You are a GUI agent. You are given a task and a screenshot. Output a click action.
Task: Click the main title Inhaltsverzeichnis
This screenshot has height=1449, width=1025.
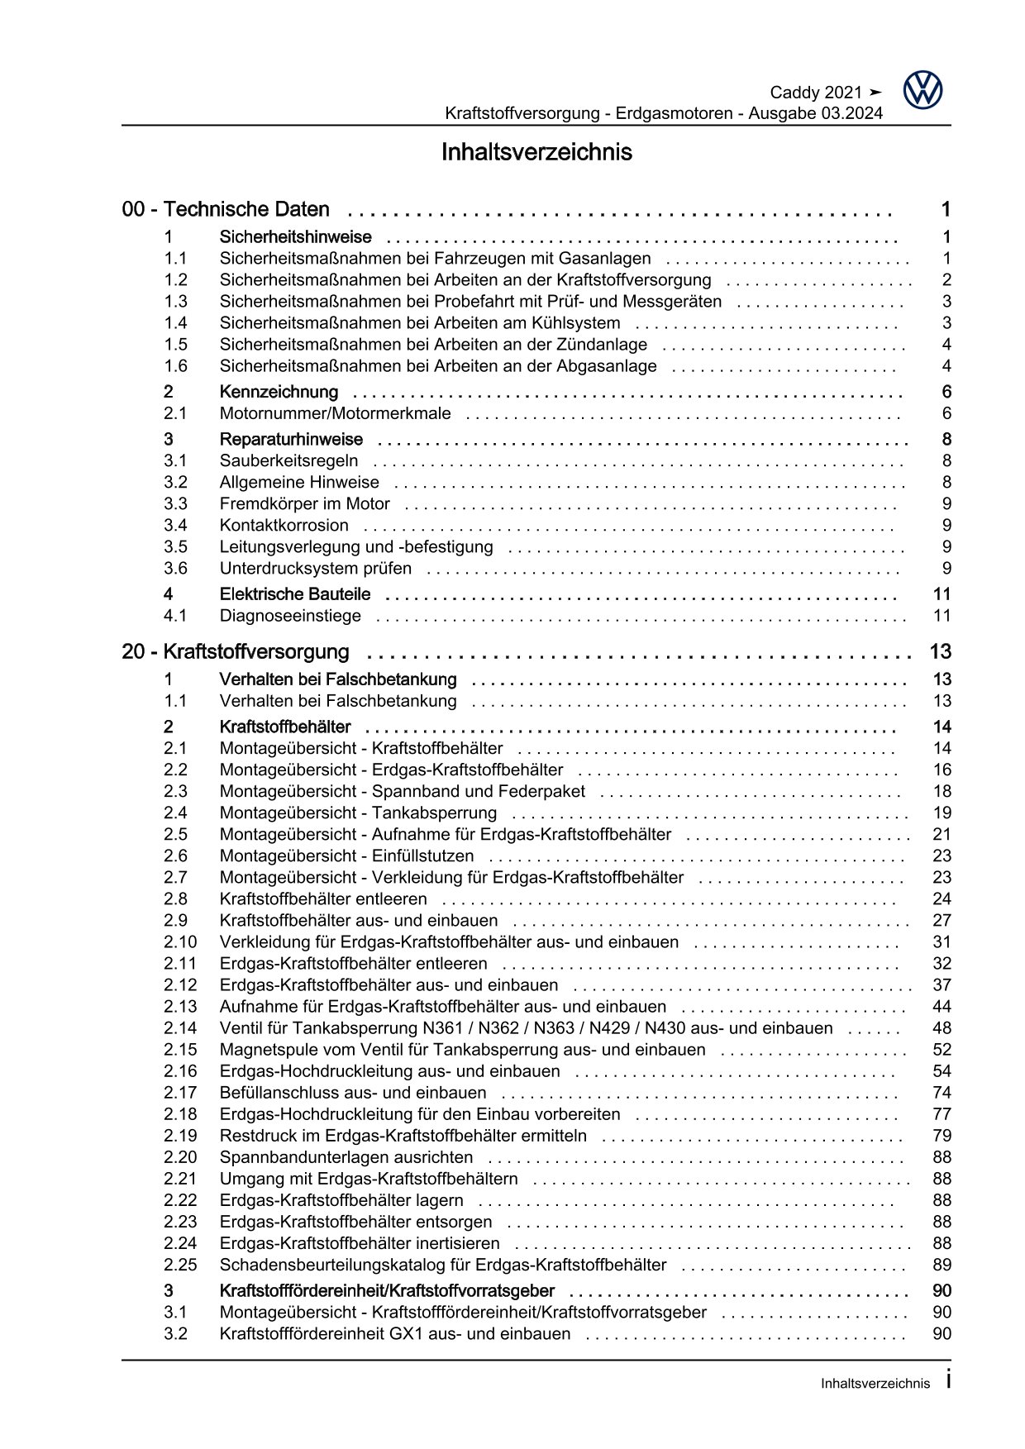point(536,152)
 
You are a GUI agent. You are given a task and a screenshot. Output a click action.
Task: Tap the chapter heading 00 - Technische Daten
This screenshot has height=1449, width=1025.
point(226,209)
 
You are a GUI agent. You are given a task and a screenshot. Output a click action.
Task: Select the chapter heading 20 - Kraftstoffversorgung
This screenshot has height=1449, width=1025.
point(236,651)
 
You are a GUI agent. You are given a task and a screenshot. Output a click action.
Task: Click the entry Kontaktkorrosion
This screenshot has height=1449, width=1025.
point(284,525)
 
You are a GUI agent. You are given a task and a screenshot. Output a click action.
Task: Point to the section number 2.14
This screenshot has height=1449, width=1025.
point(180,1027)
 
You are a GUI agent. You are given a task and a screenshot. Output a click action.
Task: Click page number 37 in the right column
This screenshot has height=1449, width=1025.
point(942,984)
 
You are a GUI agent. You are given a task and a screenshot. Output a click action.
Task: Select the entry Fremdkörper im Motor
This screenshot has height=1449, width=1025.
point(304,503)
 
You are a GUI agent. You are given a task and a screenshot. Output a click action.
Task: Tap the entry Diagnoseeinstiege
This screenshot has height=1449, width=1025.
point(290,615)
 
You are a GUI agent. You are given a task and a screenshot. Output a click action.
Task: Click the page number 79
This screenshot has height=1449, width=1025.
point(942,1135)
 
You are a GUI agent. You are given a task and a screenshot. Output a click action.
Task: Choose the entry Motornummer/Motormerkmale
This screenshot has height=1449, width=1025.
point(335,413)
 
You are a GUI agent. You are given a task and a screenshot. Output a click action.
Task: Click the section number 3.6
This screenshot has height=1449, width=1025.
point(175,568)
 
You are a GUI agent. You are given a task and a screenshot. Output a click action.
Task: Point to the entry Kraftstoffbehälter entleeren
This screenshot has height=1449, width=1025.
point(323,898)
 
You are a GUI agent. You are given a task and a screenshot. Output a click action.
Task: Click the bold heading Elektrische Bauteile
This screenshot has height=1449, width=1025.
point(294,593)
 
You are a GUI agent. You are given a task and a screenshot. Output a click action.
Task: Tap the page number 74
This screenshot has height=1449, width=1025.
point(942,1092)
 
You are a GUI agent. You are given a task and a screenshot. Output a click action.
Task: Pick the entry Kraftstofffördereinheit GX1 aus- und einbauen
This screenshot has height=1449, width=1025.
point(394,1333)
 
